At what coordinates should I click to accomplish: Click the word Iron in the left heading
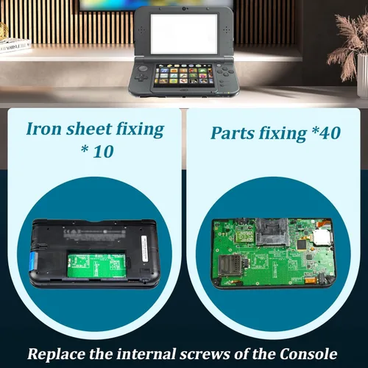click(x=43, y=129)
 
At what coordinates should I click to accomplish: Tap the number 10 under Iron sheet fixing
click(x=103, y=152)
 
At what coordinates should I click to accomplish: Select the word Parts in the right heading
click(x=233, y=134)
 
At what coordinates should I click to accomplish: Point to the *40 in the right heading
click(x=326, y=133)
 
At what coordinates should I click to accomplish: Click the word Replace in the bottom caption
click(x=57, y=354)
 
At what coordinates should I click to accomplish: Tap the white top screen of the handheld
click(x=184, y=34)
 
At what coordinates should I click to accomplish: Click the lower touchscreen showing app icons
click(x=183, y=75)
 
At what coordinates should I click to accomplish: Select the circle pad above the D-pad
click(x=144, y=68)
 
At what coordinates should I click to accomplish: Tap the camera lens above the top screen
click(x=184, y=10)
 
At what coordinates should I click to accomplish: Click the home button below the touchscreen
click(x=183, y=90)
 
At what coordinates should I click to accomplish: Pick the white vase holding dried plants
click(x=363, y=76)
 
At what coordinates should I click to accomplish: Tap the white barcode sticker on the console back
click(x=145, y=250)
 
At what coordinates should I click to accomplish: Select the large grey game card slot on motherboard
click(x=272, y=233)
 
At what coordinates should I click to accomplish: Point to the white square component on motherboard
click(x=322, y=238)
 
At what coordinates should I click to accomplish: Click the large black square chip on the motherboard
click(x=302, y=244)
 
